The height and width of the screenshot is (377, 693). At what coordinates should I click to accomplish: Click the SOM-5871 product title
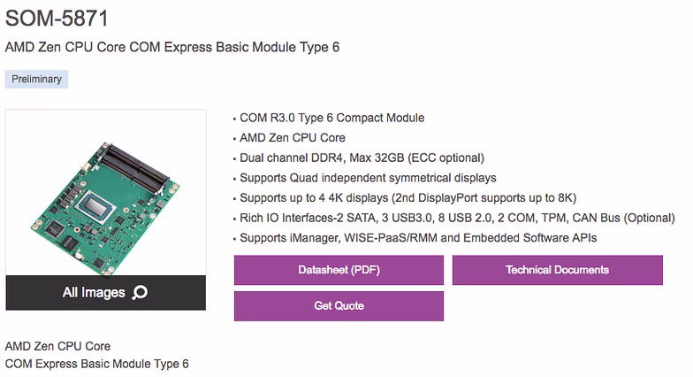(57, 19)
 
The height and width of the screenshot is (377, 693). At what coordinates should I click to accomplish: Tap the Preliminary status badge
(37, 80)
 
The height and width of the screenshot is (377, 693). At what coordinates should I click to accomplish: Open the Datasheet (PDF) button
(339, 270)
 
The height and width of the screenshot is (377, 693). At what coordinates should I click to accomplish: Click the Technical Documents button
(557, 270)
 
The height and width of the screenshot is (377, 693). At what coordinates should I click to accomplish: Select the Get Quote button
(339, 306)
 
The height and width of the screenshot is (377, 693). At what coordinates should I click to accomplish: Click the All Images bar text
(94, 292)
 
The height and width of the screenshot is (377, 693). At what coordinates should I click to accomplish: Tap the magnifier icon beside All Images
(140, 292)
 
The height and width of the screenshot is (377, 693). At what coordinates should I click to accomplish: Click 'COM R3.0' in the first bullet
(267, 119)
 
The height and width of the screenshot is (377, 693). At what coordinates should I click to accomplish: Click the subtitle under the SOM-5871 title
(172, 48)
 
